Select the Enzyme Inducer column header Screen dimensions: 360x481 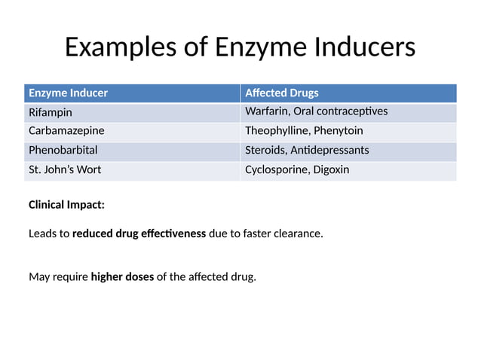68,93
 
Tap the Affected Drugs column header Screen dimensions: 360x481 282,93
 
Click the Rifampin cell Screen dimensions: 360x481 51,112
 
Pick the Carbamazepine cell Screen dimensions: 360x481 66,131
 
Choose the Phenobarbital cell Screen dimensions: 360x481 63,150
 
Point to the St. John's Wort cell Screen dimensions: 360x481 65,169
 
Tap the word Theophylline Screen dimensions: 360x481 277,131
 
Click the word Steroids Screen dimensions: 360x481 265,150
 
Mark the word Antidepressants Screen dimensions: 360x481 329,150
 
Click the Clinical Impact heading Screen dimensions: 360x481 66,204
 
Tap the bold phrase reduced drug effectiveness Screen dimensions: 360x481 139,233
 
